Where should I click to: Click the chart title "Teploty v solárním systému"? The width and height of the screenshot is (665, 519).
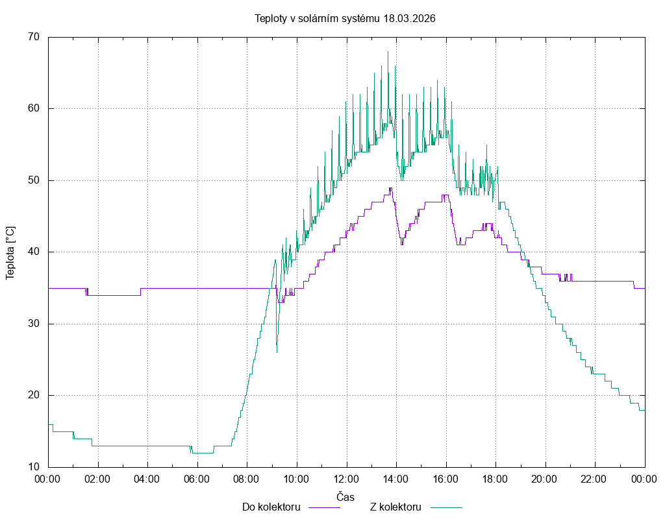[318, 18]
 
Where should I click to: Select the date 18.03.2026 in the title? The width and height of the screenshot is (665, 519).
[409, 18]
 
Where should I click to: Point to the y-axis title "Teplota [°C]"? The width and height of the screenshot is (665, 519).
[10, 253]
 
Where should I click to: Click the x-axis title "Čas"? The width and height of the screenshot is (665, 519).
[345, 496]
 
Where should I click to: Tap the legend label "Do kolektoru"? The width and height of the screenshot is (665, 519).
[271, 507]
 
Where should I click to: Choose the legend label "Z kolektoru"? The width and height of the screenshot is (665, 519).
[395, 507]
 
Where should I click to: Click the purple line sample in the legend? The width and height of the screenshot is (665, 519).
[323, 507]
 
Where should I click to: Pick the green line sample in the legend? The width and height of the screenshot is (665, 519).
[445, 507]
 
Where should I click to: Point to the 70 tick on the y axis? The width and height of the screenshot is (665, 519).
[34, 37]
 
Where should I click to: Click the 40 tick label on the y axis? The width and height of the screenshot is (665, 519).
[34, 252]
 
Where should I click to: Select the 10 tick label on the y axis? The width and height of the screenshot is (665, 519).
[34, 467]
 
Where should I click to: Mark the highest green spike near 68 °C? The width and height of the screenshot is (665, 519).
[388, 52]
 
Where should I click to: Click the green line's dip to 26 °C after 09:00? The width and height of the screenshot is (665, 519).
[277, 352]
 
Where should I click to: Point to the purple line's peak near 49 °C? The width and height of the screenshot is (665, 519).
[390, 188]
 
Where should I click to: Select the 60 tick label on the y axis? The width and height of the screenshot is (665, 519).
[34, 108]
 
